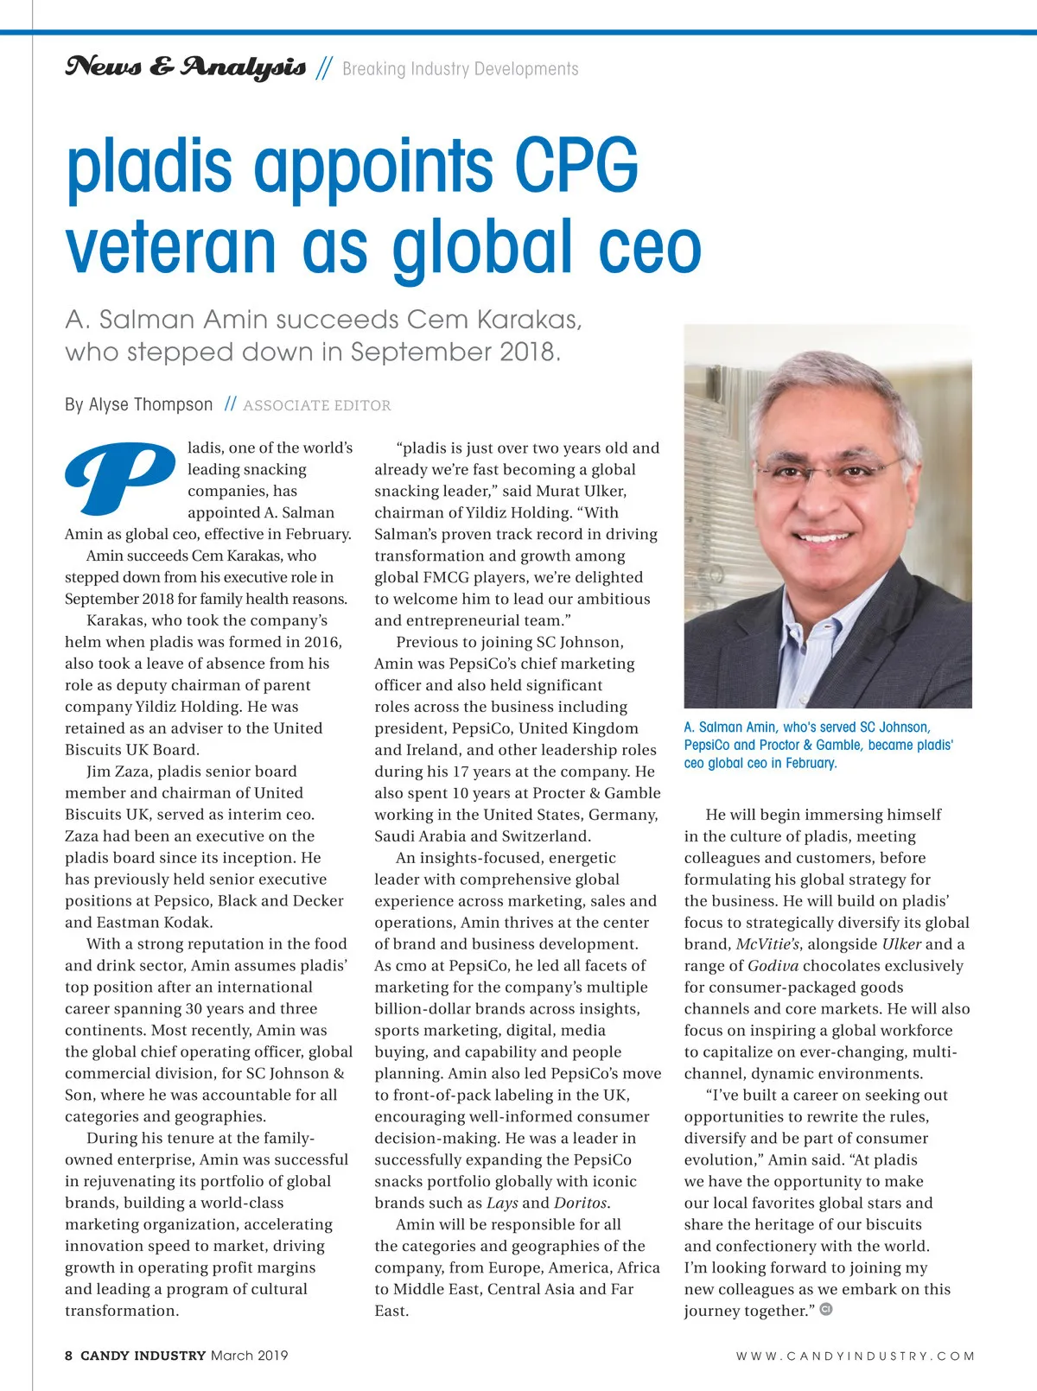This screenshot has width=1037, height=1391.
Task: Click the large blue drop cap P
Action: [x=118, y=477]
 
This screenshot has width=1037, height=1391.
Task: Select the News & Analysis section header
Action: [x=185, y=67]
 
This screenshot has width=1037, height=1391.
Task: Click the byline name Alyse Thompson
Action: [x=150, y=404]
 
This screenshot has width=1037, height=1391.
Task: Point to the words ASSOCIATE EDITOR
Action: [x=316, y=405]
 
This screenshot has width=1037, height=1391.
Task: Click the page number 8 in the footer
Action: [x=68, y=1355]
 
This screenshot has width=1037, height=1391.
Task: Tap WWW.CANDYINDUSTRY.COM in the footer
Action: [x=855, y=1356]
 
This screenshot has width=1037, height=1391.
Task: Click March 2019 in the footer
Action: [x=249, y=1355]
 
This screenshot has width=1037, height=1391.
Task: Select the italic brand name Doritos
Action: [x=582, y=1203]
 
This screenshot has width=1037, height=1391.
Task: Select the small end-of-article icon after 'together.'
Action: [x=826, y=1310]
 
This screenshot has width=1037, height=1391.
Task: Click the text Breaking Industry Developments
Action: [x=460, y=69]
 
